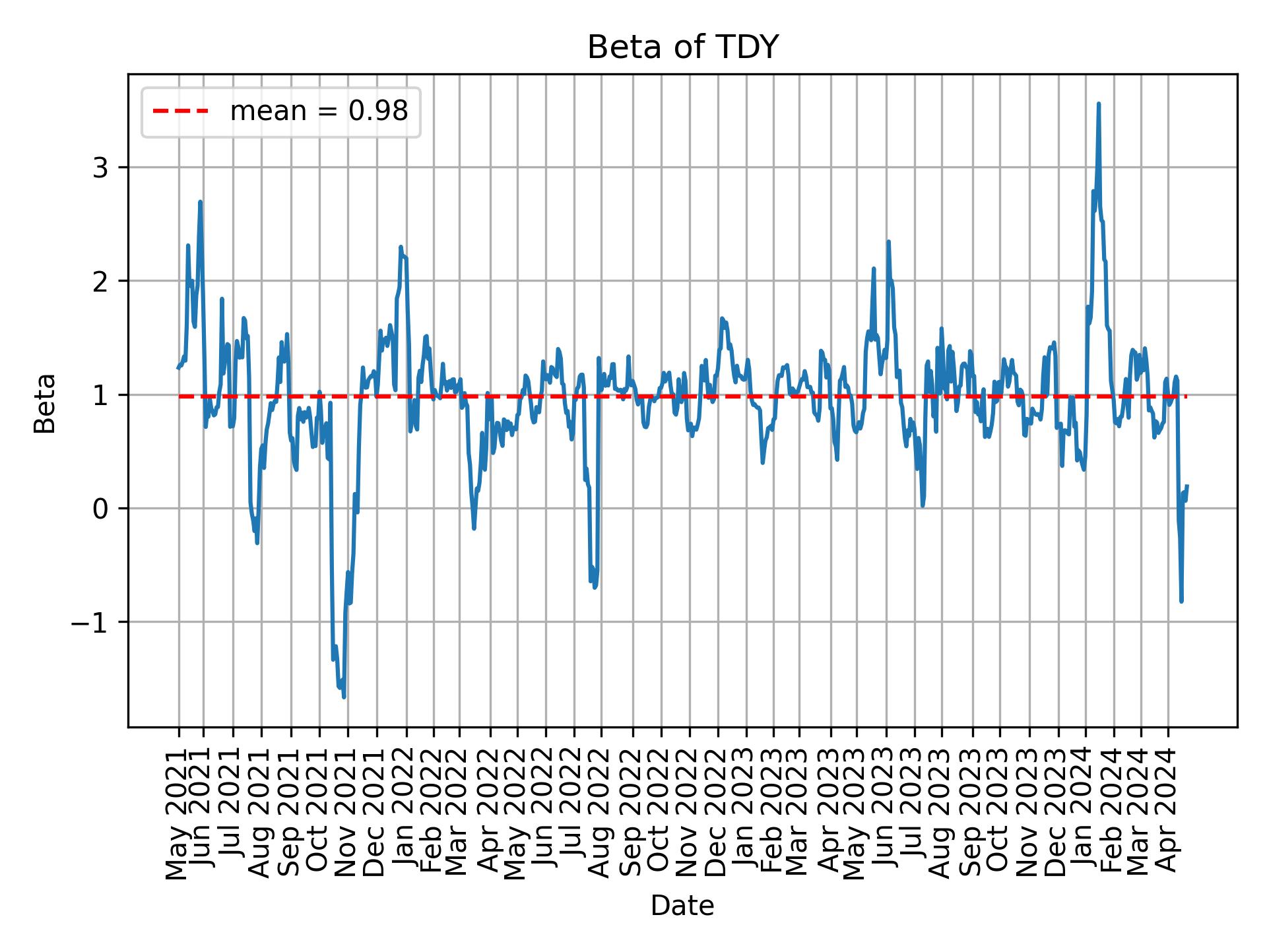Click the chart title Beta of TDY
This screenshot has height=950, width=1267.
click(x=682, y=47)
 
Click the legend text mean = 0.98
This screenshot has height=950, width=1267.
click(x=319, y=111)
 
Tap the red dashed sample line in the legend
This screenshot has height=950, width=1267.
click(x=181, y=111)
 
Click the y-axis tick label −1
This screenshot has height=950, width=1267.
click(x=90, y=622)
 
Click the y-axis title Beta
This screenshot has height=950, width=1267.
click(x=45, y=403)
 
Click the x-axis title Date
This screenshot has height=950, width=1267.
click(x=682, y=906)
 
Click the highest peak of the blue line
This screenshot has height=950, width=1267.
click(x=1098, y=104)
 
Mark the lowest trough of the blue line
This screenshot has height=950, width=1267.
click(x=344, y=697)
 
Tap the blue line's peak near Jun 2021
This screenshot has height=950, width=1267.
click(x=200, y=202)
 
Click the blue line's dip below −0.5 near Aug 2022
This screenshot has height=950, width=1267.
click(x=595, y=586)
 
